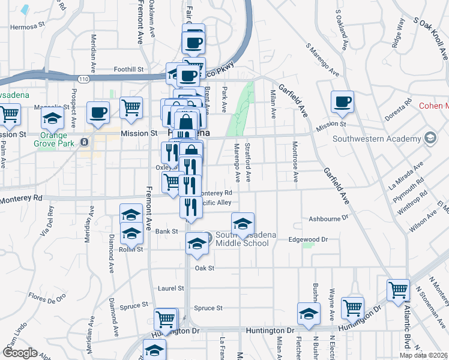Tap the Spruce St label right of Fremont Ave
(x=208, y=308)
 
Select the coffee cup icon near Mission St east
(x=343, y=101)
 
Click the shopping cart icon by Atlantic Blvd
(x=398, y=289)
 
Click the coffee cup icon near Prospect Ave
(x=98, y=112)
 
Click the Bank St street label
(x=167, y=231)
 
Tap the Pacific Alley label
(x=216, y=203)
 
